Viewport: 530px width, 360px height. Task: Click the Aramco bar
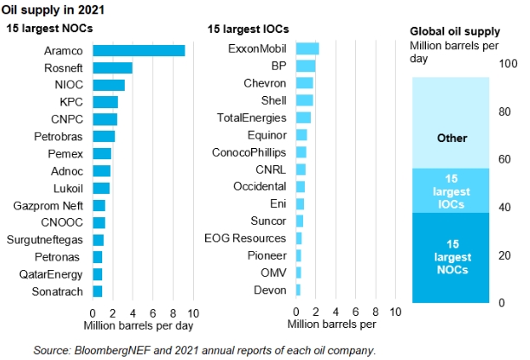[x=139, y=50]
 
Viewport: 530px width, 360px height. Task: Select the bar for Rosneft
[x=113, y=67]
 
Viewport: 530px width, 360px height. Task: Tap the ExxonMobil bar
[x=307, y=48]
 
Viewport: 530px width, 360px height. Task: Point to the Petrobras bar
[x=104, y=136]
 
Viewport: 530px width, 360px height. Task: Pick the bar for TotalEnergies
[x=303, y=117]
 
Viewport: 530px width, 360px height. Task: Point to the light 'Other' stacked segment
[x=452, y=122]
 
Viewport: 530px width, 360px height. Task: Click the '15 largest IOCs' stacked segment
[x=452, y=190]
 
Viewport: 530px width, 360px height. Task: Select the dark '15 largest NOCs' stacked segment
[x=452, y=258]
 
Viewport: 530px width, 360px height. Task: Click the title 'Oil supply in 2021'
[x=50, y=10]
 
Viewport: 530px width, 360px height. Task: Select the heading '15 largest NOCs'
[x=51, y=29]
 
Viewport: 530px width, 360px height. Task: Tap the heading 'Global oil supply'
[x=451, y=32]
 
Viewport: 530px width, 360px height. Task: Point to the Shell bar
[x=304, y=100]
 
